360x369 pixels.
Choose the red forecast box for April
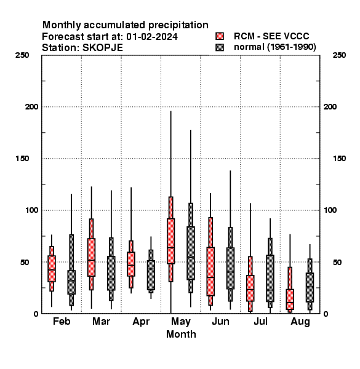(x=131, y=264)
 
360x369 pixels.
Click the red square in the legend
(x=220, y=36)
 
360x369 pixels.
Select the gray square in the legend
(x=220, y=47)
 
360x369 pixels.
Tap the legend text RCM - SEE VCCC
(x=271, y=36)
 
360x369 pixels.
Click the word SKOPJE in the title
(x=103, y=47)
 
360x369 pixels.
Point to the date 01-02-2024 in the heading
(x=152, y=37)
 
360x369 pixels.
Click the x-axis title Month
(x=181, y=334)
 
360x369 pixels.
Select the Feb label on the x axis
(x=62, y=321)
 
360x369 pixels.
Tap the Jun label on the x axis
(x=220, y=321)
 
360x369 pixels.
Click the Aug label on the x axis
(x=300, y=322)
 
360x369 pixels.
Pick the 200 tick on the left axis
(x=31, y=107)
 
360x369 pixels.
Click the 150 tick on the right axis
(x=339, y=159)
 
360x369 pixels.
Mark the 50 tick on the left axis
(x=25, y=262)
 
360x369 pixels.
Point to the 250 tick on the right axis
(x=339, y=55)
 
